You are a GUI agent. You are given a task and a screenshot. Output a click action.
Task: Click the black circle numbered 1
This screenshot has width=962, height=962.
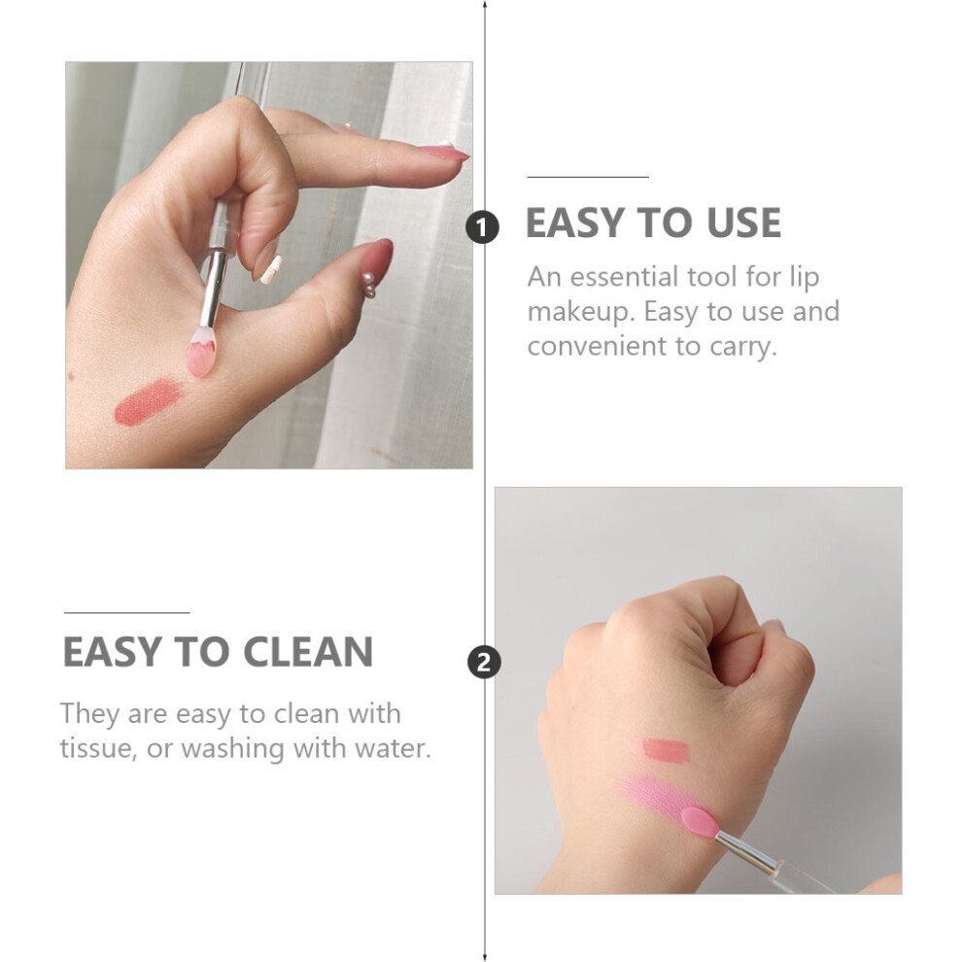(482, 227)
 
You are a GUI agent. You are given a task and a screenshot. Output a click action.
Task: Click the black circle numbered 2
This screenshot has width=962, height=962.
(484, 663)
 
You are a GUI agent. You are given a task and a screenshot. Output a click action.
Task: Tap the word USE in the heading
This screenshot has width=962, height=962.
(743, 223)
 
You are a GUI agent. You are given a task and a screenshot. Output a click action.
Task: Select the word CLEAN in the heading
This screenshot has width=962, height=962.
(308, 652)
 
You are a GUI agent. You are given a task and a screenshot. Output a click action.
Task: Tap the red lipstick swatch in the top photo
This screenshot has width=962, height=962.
(149, 402)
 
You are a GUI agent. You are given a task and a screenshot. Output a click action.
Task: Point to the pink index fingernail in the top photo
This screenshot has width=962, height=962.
(443, 151)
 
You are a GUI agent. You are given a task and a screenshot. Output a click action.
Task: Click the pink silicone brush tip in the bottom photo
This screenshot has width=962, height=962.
(700, 822)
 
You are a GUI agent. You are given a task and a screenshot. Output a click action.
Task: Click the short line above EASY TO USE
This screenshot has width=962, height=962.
(588, 177)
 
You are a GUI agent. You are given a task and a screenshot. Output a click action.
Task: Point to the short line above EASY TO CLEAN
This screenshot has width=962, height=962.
(127, 612)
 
